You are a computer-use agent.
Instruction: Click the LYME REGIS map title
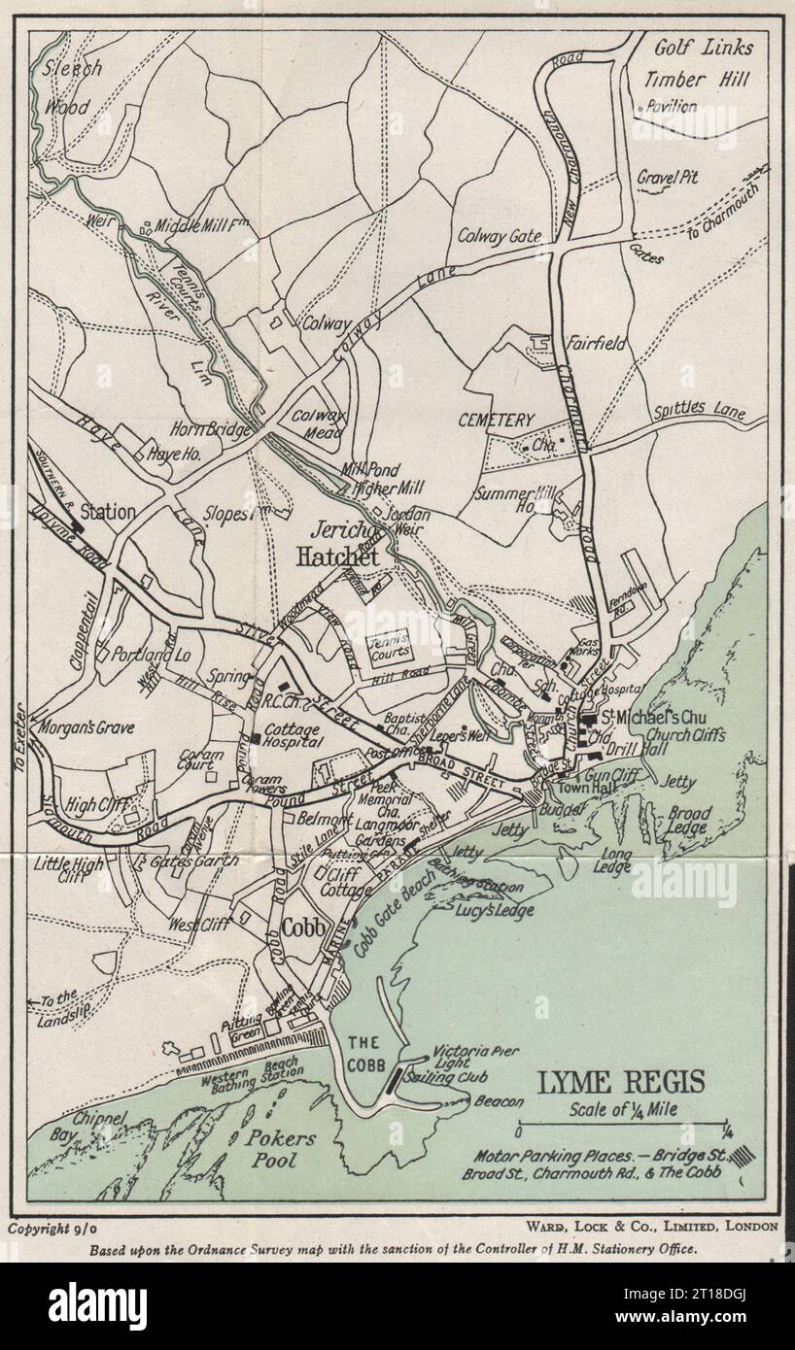[x=622, y=1082]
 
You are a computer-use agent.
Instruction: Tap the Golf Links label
[x=704, y=48]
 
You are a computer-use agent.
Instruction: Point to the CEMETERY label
[x=496, y=421]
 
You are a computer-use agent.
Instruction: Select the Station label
[x=107, y=511]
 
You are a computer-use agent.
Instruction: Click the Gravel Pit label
[x=668, y=178]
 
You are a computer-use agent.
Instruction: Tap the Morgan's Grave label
[x=87, y=726]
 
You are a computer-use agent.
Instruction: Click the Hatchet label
[x=336, y=557]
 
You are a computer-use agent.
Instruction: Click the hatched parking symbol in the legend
[x=744, y=1156]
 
